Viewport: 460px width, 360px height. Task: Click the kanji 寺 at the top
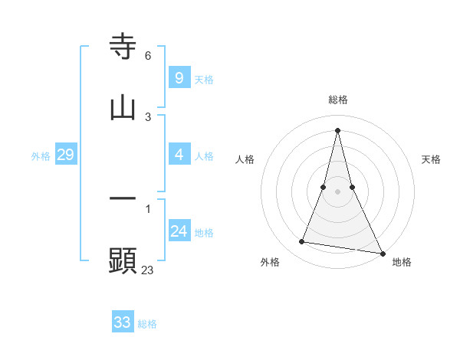[123, 47]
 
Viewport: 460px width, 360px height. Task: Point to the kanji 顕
[123, 260]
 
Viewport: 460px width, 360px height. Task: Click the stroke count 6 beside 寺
[148, 56]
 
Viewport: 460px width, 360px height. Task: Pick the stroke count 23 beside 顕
[148, 270]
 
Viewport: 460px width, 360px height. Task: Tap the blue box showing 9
[179, 77]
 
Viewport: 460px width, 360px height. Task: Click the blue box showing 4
[179, 154]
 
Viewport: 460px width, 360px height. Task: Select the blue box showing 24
[179, 231]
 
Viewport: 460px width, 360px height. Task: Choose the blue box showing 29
[65, 154]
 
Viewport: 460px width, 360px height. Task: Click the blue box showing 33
[122, 322]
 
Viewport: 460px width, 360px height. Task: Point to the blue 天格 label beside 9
[204, 80]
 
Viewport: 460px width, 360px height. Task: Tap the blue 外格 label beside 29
[41, 156]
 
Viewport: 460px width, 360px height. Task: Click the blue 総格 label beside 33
[147, 324]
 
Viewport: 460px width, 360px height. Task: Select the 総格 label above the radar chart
[338, 100]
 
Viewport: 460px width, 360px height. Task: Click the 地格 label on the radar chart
[402, 262]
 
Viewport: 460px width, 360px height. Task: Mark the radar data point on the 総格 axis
[338, 129]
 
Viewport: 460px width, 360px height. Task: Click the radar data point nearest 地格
[382, 253]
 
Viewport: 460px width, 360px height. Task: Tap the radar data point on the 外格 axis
[302, 242]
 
